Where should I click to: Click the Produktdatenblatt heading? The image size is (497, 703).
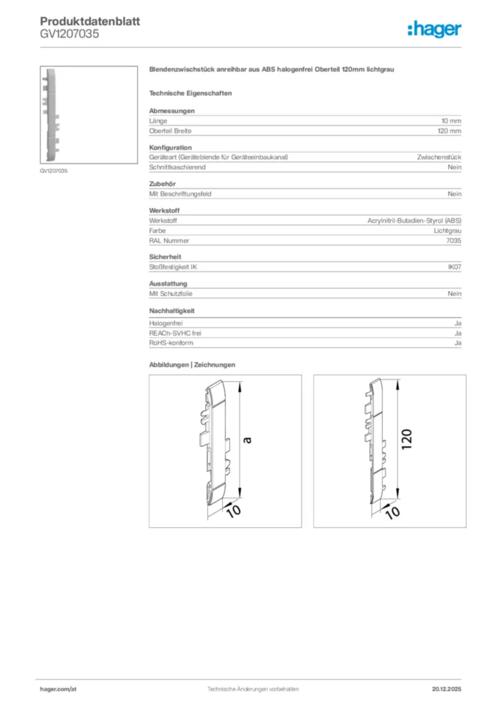90,21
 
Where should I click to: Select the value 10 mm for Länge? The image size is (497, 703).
451,121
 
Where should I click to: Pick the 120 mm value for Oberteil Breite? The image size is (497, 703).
450,130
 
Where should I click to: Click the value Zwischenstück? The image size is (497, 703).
439,157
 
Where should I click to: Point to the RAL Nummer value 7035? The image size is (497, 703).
454,241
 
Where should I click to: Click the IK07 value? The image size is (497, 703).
454,266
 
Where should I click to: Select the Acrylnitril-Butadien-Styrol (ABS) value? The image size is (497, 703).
415,221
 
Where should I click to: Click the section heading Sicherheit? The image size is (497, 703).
164,257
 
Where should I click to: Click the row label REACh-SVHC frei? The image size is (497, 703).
175,333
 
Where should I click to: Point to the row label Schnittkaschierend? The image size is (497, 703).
177,168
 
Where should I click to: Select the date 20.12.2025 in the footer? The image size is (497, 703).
446,689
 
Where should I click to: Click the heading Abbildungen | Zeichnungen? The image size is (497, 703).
192,365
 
